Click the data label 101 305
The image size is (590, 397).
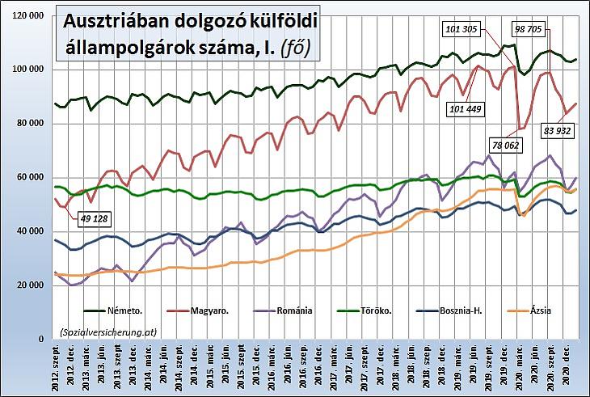click(x=462, y=29)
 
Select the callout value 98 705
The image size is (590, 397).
click(x=531, y=29)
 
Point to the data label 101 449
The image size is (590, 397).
click(x=467, y=108)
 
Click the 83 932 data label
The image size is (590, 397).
click(x=558, y=130)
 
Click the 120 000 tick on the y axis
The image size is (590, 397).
click(x=26, y=15)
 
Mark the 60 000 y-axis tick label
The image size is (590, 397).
click(x=28, y=177)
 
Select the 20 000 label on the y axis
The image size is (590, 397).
click(x=28, y=285)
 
